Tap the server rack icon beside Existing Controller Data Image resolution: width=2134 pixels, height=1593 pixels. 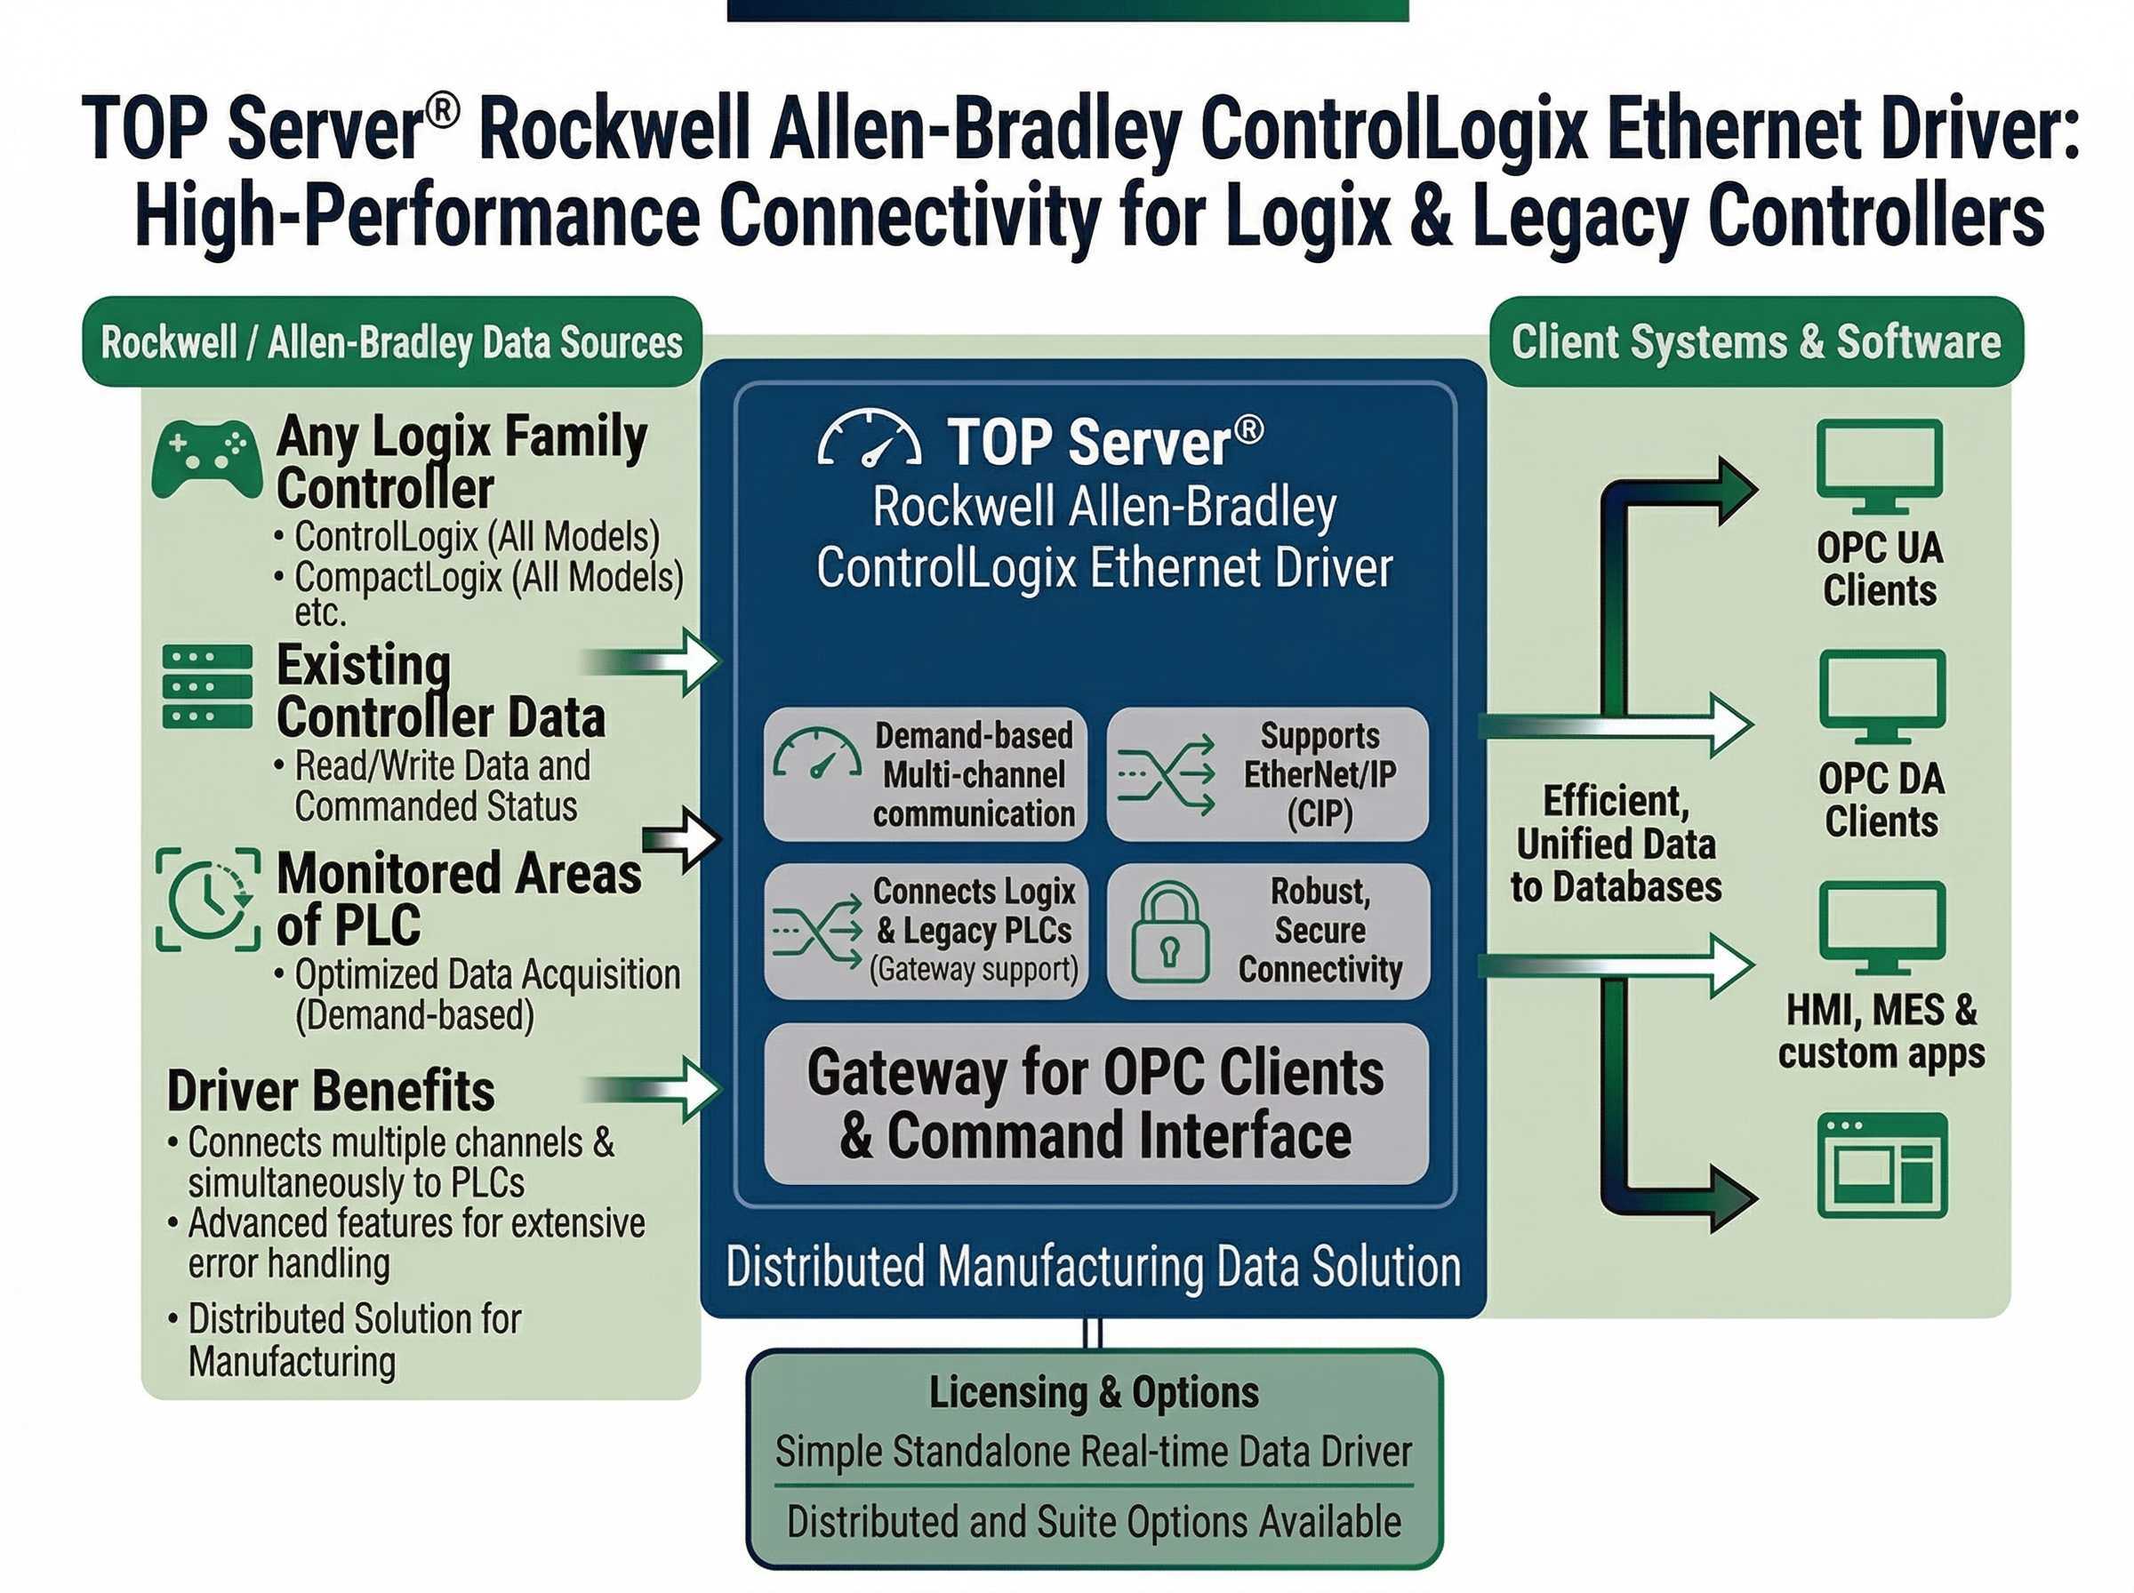207,686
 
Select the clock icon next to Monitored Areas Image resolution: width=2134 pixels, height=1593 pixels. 207,899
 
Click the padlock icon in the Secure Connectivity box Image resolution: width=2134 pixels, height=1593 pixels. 1168,933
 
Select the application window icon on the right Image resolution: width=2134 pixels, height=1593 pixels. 1881,1165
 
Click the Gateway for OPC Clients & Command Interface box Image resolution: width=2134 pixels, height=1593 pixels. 1095,1104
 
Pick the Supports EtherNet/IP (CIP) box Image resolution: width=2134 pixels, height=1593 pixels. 1267,774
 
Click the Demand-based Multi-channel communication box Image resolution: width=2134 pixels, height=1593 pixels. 925,774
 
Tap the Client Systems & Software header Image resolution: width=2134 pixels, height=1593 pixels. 1755,342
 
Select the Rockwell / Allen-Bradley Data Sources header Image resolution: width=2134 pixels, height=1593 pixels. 391,342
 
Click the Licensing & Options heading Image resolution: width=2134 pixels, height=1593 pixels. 1094,1392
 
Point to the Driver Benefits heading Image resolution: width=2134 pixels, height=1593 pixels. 331,1091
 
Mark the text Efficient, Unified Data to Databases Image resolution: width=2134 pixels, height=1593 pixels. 1616,844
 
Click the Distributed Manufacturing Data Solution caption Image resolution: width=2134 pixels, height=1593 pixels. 1093,1267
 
